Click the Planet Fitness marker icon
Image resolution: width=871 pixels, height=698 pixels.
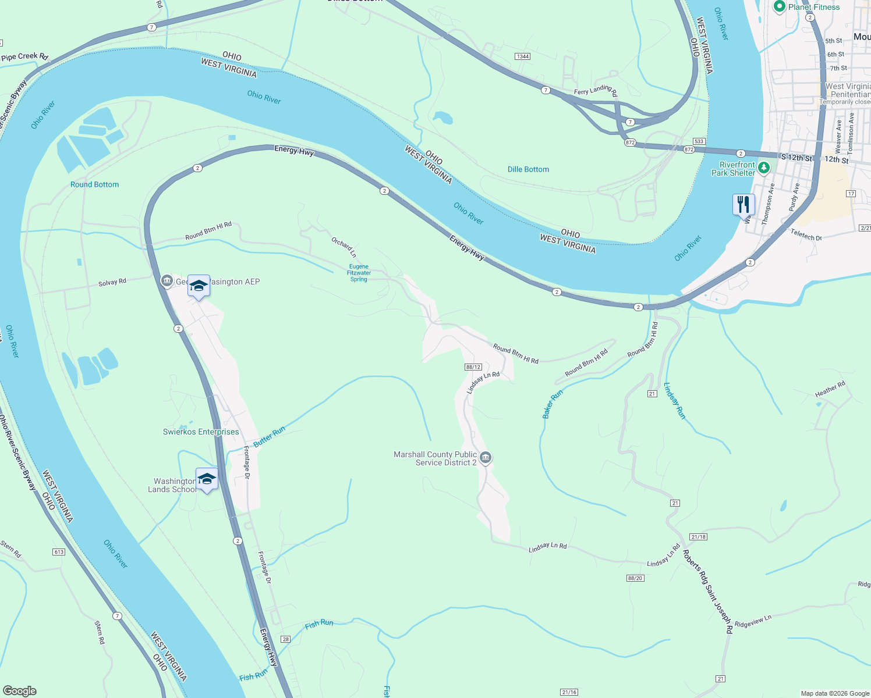[x=780, y=7]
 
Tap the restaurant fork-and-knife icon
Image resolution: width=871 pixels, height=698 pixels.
[x=743, y=205]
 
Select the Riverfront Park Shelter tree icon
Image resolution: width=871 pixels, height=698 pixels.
[x=763, y=168]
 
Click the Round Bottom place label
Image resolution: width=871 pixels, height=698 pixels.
[x=94, y=184]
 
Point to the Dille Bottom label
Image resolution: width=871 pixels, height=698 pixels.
[x=528, y=169]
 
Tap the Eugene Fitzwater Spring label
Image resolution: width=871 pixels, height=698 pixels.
[x=359, y=273]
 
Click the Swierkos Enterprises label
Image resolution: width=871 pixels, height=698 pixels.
[x=201, y=432]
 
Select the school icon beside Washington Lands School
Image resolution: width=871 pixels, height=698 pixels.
[x=207, y=479]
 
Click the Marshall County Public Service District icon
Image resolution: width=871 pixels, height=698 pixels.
[x=486, y=458]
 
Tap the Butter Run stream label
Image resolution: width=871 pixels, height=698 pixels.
[x=269, y=436]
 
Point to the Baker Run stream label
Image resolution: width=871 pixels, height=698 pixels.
[x=553, y=404]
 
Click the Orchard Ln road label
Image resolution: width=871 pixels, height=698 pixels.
[x=344, y=247]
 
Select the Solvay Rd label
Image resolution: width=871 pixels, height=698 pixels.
[x=112, y=283]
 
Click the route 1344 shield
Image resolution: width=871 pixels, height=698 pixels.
[x=522, y=56]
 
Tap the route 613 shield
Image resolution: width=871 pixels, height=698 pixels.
[x=59, y=551]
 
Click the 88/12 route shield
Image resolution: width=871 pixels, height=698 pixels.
[x=473, y=367]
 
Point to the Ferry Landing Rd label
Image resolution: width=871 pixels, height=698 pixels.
[x=595, y=90]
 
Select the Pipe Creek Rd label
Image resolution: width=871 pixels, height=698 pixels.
[x=24, y=56]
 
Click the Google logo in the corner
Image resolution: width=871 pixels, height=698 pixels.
[x=19, y=691]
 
